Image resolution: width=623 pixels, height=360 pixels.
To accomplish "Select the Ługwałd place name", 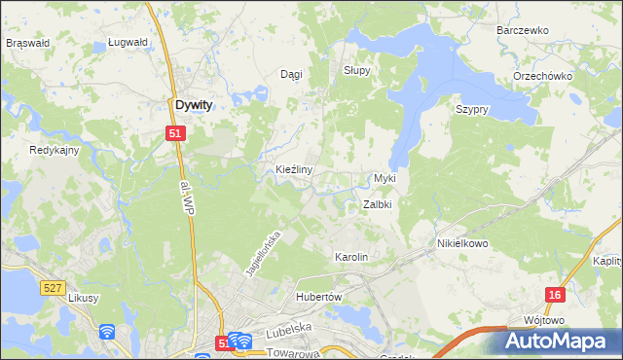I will (x=128, y=43).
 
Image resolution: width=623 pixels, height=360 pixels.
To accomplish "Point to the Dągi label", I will (x=291, y=75).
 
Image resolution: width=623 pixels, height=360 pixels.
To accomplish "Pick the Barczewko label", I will (x=523, y=30).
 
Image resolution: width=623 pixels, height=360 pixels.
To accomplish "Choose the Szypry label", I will (x=471, y=110).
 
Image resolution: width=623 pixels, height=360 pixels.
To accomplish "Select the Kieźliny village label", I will (x=293, y=169).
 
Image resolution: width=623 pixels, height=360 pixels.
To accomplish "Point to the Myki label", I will (x=385, y=179).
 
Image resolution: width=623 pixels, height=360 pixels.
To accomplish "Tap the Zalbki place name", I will (x=377, y=205).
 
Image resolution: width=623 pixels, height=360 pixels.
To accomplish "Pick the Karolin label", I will (x=351, y=257).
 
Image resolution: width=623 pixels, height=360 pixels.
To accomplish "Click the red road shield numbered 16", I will (x=554, y=294).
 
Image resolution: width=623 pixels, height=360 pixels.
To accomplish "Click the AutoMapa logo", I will (x=559, y=341).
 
